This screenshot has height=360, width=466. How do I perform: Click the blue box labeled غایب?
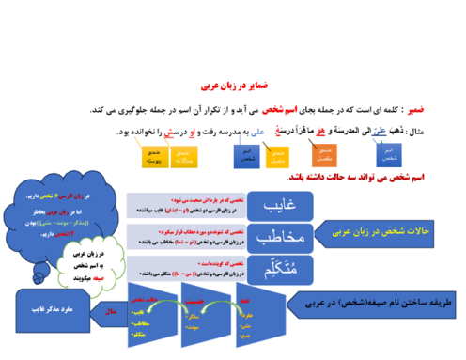pos(280,206)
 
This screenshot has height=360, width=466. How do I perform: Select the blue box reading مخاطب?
pos(280,236)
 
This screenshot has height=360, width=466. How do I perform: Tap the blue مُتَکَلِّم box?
pos(280,267)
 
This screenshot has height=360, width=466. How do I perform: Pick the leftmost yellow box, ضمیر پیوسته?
pos(154,156)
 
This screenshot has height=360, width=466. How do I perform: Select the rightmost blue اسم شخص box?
pos(388,154)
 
